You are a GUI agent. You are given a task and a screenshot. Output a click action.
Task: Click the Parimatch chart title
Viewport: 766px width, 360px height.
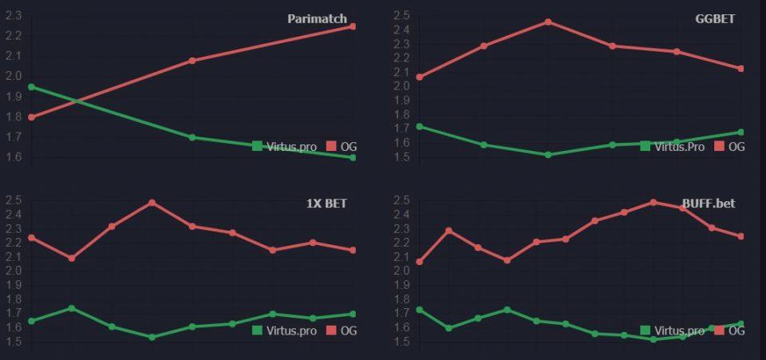[317, 18]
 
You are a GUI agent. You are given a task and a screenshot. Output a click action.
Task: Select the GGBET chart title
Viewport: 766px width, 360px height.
[715, 18]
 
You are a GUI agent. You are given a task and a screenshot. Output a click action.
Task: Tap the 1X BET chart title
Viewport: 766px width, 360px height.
[326, 204]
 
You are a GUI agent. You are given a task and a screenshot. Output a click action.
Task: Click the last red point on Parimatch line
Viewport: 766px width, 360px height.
[353, 26]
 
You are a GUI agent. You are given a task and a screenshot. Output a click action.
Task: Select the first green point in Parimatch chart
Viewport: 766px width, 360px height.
[31, 86]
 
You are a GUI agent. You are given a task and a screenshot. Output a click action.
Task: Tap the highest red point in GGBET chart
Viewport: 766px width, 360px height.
[548, 22]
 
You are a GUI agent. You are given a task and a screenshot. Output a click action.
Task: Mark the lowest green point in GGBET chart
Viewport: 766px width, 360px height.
[548, 154]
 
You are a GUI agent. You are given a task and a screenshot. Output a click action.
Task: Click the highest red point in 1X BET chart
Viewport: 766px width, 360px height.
[152, 203]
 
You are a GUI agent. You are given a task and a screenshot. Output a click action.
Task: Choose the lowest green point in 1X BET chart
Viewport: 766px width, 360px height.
[152, 337]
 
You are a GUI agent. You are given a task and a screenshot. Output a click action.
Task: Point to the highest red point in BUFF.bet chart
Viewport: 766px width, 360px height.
[653, 202]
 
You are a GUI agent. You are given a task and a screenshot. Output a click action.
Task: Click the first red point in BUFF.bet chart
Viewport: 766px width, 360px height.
[420, 262]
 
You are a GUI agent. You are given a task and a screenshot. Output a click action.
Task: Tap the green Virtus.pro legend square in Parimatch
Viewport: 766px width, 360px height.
[257, 146]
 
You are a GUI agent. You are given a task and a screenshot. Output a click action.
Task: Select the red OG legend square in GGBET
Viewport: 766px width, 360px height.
[719, 146]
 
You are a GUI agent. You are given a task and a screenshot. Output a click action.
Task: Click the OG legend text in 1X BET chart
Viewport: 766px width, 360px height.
[349, 330]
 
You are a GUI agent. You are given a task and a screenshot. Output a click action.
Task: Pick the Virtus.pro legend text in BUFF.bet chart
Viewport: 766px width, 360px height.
[680, 330]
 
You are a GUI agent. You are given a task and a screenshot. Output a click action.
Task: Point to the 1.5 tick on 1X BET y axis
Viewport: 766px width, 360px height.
[14, 342]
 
